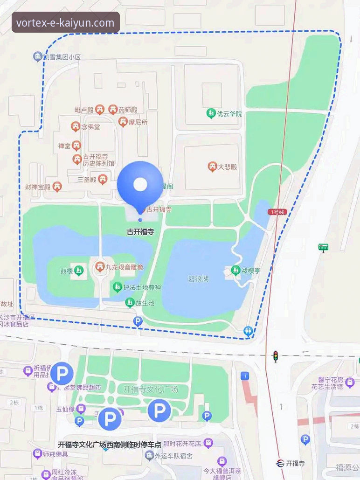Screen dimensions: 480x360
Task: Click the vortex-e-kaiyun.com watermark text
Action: [65, 22]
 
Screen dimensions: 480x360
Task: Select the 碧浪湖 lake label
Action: [199, 279]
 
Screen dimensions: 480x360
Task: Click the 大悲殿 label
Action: [228, 167]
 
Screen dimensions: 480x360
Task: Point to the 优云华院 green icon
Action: [211, 113]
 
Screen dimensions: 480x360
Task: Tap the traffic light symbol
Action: [275, 356]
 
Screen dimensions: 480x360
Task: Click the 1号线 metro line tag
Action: [277, 212]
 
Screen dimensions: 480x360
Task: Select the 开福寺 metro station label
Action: [295, 463]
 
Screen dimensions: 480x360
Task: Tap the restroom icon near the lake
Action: [248, 331]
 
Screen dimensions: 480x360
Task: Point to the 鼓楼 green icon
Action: [79, 270]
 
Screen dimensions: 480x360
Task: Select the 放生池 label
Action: [145, 303]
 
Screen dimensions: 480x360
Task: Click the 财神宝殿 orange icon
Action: [57, 187]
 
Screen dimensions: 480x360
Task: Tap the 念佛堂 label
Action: [90, 126]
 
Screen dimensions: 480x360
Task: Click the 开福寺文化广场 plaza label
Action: [151, 389]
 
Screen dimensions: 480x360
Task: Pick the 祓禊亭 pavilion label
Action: [250, 271]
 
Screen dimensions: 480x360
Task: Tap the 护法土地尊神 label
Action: [142, 287]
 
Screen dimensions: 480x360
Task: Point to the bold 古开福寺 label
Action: [140, 231]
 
